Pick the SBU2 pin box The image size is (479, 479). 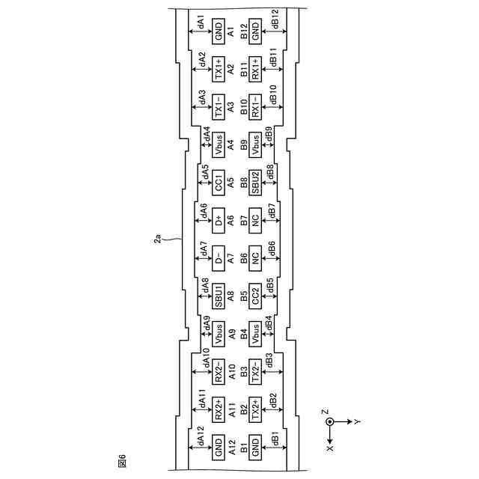[x=255, y=183]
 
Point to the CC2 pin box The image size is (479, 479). [x=255, y=296]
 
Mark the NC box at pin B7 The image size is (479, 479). [x=255, y=221]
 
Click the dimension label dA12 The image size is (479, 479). [x=201, y=436]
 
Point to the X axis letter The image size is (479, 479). [x=330, y=448]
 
